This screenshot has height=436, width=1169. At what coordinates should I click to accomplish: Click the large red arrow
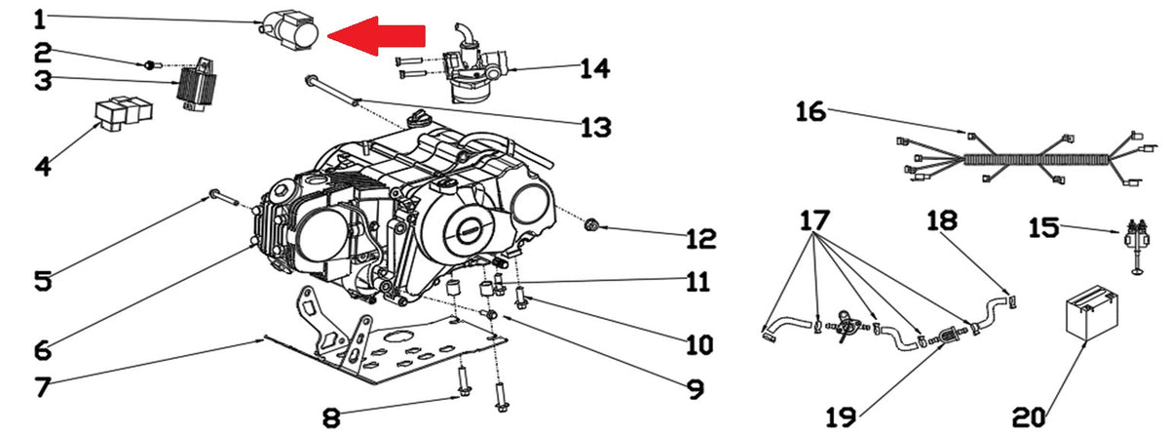pyautogui.click(x=376, y=35)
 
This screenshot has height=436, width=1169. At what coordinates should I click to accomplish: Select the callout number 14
pyautogui.click(x=595, y=68)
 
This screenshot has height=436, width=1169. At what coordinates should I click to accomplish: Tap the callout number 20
pyautogui.click(x=1029, y=417)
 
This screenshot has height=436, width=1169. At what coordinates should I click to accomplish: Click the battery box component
pyautogui.click(x=1091, y=312)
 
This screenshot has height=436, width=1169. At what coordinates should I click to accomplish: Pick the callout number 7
pyautogui.click(x=43, y=387)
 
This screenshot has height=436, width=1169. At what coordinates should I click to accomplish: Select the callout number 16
pyautogui.click(x=811, y=111)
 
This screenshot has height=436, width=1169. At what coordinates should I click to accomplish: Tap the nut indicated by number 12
pyautogui.click(x=590, y=226)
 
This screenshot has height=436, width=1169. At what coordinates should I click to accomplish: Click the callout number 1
pyautogui.click(x=40, y=20)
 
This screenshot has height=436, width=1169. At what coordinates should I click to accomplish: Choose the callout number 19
pyautogui.click(x=841, y=417)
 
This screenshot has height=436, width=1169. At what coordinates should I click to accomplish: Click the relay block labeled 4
pyautogui.click(x=124, y=113)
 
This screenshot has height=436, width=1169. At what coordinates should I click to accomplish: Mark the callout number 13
pyautogui.click(x=596, y=127)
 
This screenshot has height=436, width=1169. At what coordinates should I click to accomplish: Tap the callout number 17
pyautogui.click(x=814, y=220)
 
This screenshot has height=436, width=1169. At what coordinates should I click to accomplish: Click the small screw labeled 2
pyautogui.click(x=149, y=65)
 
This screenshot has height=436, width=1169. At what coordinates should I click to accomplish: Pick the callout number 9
pyautogui.click(x=696, y=388)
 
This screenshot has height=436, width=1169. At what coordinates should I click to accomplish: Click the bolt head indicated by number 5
pyautogui.click(x=214, y=194)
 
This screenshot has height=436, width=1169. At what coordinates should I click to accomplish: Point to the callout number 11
pyautogui.click(x=698, y=282)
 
